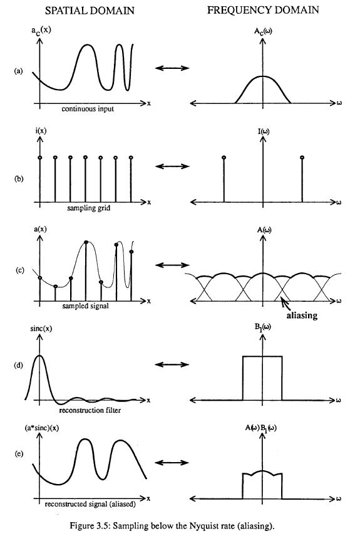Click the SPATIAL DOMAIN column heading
point(90,11)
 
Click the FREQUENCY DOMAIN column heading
point(263,10)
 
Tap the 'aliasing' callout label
point(302,315)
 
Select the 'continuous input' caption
point(88,109)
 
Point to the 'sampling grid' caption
point(88,208)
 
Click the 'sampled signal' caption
point(86,306)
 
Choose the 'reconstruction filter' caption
point(90,410)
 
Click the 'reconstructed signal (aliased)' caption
point(90,504)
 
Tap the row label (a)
point(18,71)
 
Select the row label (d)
point(18,365)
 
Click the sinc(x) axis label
point(41,329)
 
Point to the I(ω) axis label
point(263,131)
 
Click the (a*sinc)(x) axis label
point(41,428)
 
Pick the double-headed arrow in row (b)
point(172,167)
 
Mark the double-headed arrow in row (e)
point(172,463)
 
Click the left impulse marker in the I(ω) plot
point(224,158)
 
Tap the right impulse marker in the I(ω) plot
point(302,158)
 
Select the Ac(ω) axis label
point(263,31)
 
